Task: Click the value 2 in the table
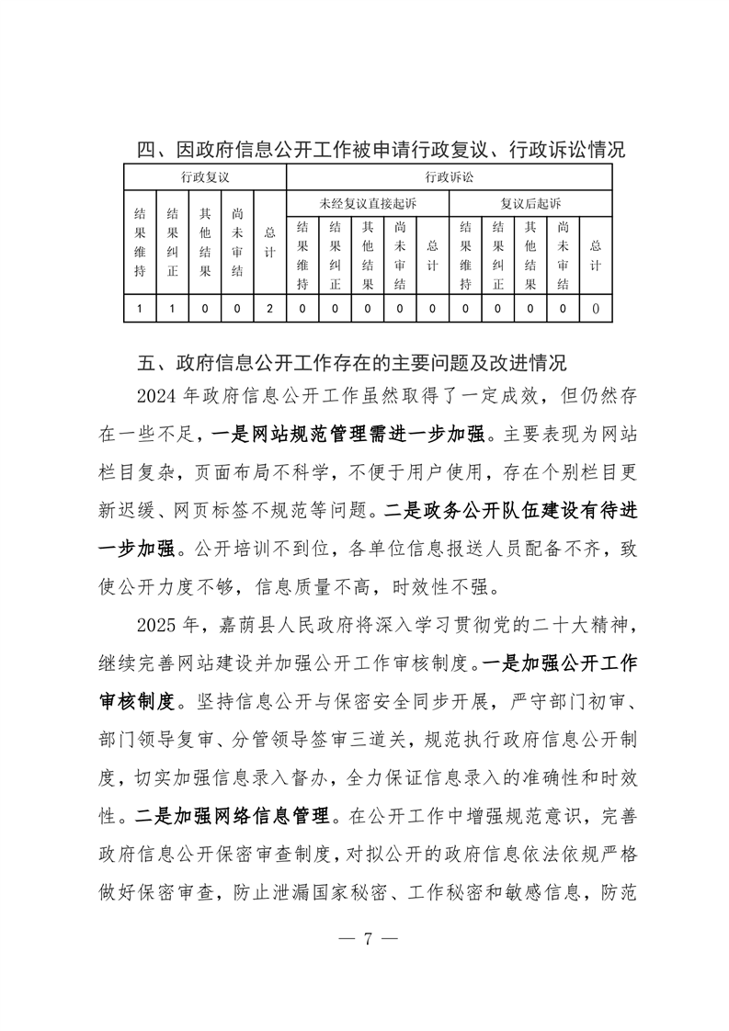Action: (269, 309)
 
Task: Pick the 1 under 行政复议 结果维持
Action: (141, 309)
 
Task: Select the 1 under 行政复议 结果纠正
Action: (172, 309)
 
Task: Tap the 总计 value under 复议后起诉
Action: (596, 309)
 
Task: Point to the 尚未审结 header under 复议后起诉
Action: (563, 255)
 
